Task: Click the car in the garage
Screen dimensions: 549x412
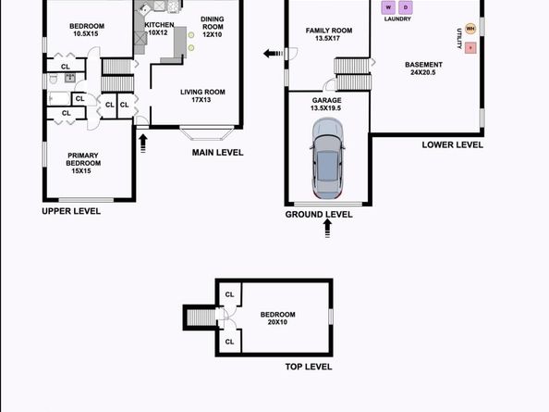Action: [327, 158]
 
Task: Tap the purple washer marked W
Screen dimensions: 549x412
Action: [388, 7]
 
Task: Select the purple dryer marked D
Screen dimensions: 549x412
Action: [406, 7]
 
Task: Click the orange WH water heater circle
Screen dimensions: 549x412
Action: [470, 29]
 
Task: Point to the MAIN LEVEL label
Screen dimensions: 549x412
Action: [217, 153]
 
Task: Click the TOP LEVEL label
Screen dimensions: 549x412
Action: [309, 367]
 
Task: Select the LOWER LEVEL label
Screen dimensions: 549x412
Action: [452, 144]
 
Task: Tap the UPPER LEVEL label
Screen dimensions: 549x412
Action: [71, 211]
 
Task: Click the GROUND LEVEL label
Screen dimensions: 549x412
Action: [319, 215]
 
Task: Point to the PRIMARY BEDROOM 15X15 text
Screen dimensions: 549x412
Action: [83, 163]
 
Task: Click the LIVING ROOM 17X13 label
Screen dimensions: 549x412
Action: [202, 95]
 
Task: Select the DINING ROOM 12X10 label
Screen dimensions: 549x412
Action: [213, 27]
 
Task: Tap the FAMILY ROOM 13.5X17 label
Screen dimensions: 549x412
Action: [329, 34]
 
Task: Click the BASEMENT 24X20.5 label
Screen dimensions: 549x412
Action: [423, 69]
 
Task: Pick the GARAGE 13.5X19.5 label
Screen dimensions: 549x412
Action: [326, 104]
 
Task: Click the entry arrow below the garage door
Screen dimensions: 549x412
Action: [327, 229]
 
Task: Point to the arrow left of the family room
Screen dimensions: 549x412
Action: [273, 54]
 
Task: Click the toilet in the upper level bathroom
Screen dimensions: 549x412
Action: [53, 80]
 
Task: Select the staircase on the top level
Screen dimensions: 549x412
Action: [201, 318]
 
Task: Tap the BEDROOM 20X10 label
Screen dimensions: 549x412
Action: [277, 318]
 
